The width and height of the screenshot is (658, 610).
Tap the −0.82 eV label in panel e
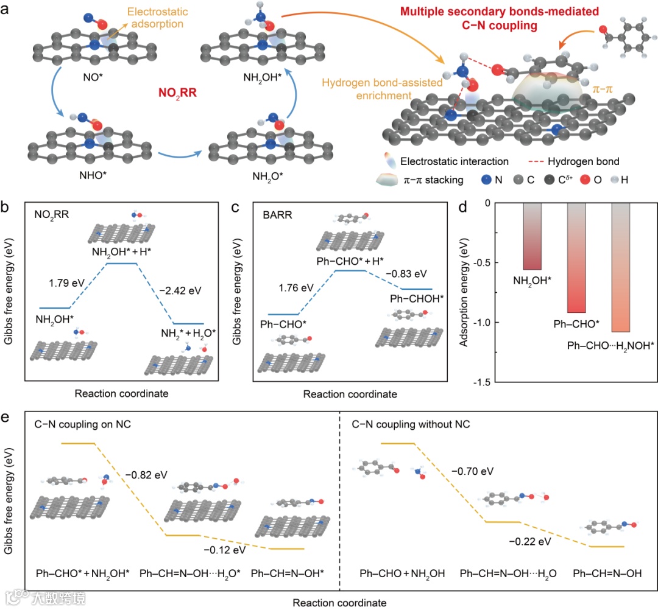pyautogui.click(x=146, y=474)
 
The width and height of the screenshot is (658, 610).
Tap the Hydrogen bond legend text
pyautogui.click(x=583, y=161)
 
